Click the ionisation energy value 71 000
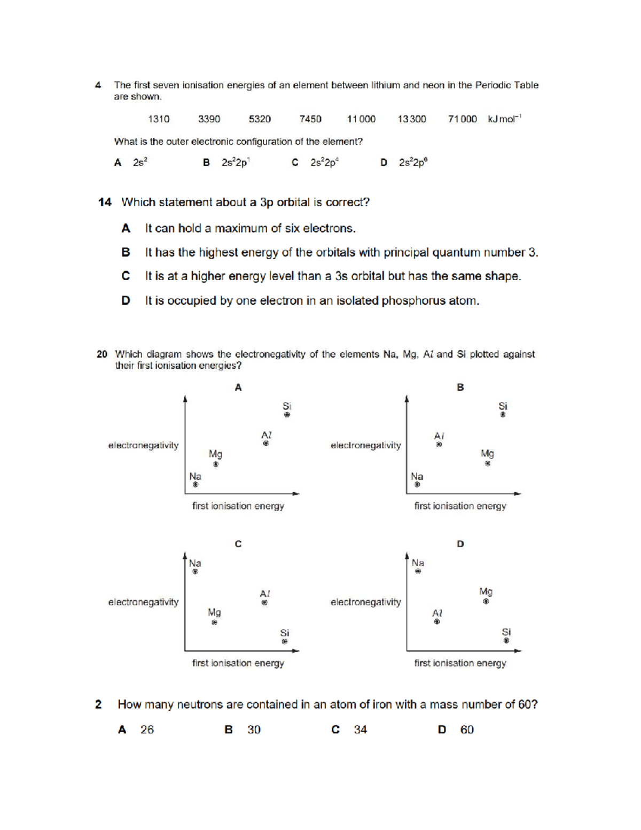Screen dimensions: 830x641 (462, 119)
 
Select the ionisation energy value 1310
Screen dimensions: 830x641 (159, 119)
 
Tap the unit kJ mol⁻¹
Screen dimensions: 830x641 (504, 119)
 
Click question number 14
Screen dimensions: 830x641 (105, 202)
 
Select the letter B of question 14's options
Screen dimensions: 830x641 (126, 252)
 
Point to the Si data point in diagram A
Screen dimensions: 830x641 (287, 415)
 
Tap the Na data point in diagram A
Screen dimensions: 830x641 (196, 485)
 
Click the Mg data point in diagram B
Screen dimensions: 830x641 (487, 463)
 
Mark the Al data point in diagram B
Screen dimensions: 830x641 (439, 444)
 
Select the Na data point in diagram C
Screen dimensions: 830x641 (195, 571)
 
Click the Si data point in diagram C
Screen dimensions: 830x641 (285, 641)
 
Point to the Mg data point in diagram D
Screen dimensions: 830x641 (486, 601)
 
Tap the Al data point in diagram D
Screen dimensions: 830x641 (437, 622)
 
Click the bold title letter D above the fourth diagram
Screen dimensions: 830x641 (460, 544)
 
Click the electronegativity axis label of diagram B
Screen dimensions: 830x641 (365, 445)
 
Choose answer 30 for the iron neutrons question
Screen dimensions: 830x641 (254, 730)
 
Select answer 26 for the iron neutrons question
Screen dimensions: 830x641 (147, 730)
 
